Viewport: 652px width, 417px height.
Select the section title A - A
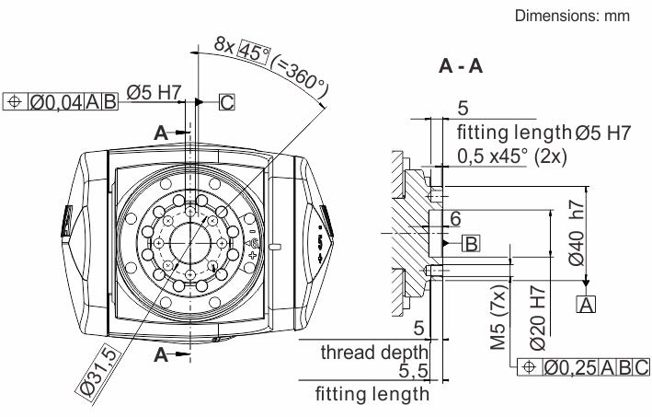[x=463, y=67]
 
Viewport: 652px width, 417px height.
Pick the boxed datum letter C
[x=226, y=101]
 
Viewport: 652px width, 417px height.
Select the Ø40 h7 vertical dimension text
[x=577, y=235]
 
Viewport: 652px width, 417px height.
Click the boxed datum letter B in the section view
[x=470, y=243]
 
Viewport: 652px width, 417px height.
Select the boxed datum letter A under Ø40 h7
[x=586, y=302]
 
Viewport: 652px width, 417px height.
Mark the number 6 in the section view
[x=454, y=219]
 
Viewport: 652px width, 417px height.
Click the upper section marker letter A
[x=161, y=133]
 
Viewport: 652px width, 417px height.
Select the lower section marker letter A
[x=161, y=355]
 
